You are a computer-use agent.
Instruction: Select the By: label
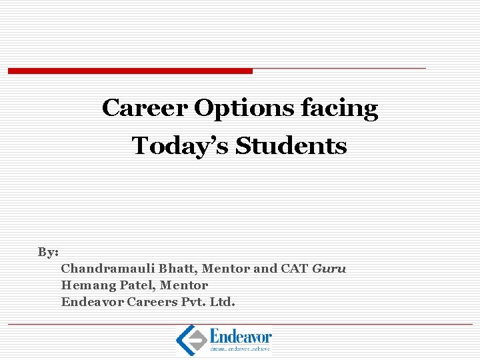(x=48, y=252)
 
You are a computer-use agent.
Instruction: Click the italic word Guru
(x=329, y=269)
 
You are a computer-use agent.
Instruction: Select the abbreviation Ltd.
(x=222, y=302)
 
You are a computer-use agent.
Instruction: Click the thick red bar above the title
(x=130, y=71)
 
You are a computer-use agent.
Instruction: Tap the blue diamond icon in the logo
(x=190, y=339)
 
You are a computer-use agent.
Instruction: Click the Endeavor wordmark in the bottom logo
(x=240, y=335)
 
